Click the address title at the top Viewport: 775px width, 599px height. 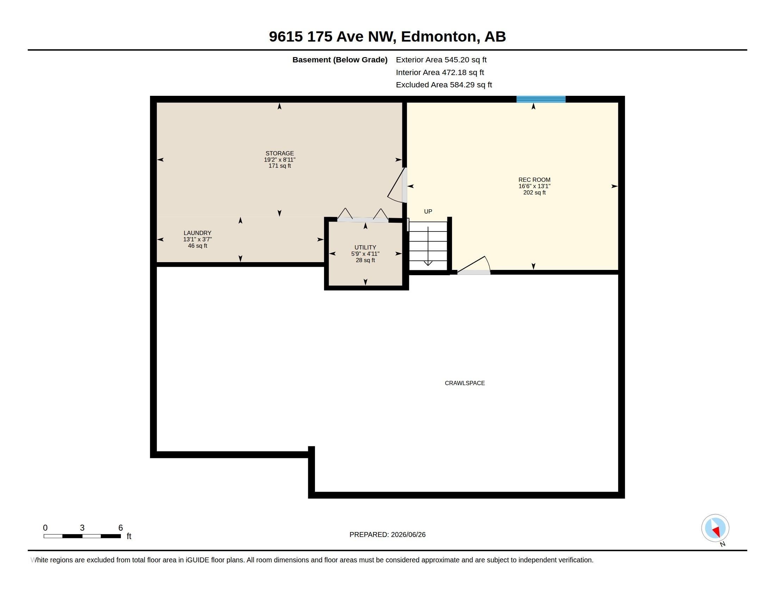[x=387, y=37]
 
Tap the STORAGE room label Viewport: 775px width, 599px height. [x=280, y=153]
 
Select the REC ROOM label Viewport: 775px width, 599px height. [x=534, y=180]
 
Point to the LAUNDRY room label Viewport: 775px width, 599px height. [x=197, y=233]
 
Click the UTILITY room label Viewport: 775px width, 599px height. [x=365, y=248]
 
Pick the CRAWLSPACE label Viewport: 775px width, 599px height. [x=465, y=383]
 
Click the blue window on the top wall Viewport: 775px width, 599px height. [x=541, y=99]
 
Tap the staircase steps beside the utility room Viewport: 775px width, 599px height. [x=428, y=246]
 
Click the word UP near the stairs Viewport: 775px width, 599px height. [x=428, y=211]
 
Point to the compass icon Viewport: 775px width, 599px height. [x=715, y=528]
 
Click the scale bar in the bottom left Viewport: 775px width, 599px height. [x=82, y=536]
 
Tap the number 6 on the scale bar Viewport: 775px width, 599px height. [x=120, y=528]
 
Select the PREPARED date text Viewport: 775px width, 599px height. [x=387, y=535]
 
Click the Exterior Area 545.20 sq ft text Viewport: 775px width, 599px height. [x=441, y=60]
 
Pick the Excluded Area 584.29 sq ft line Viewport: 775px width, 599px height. [x=444, y=85]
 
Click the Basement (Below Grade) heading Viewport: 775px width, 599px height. [x=340, y=60]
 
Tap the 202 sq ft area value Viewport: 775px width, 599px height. [x=534, y=193]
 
